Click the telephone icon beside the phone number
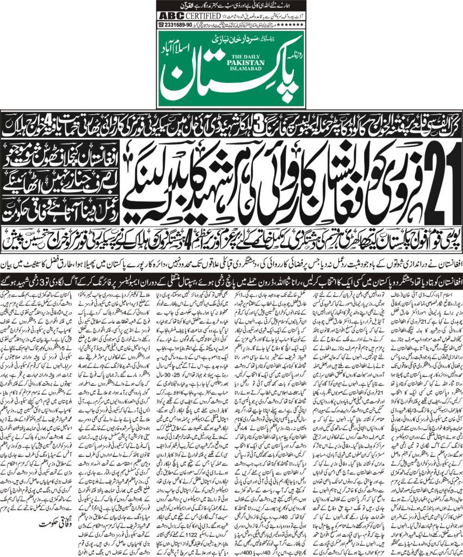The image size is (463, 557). (x=161, y=24)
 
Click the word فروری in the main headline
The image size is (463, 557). (x=375, y=180)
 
